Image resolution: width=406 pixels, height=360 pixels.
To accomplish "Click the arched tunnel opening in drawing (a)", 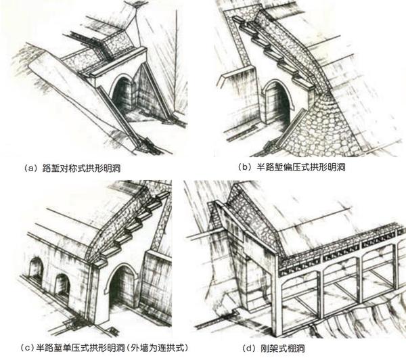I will pyautogui.click(x=123, y=98).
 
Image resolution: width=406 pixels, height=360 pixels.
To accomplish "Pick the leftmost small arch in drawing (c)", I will pyautogui.click(x=35, y=270).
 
